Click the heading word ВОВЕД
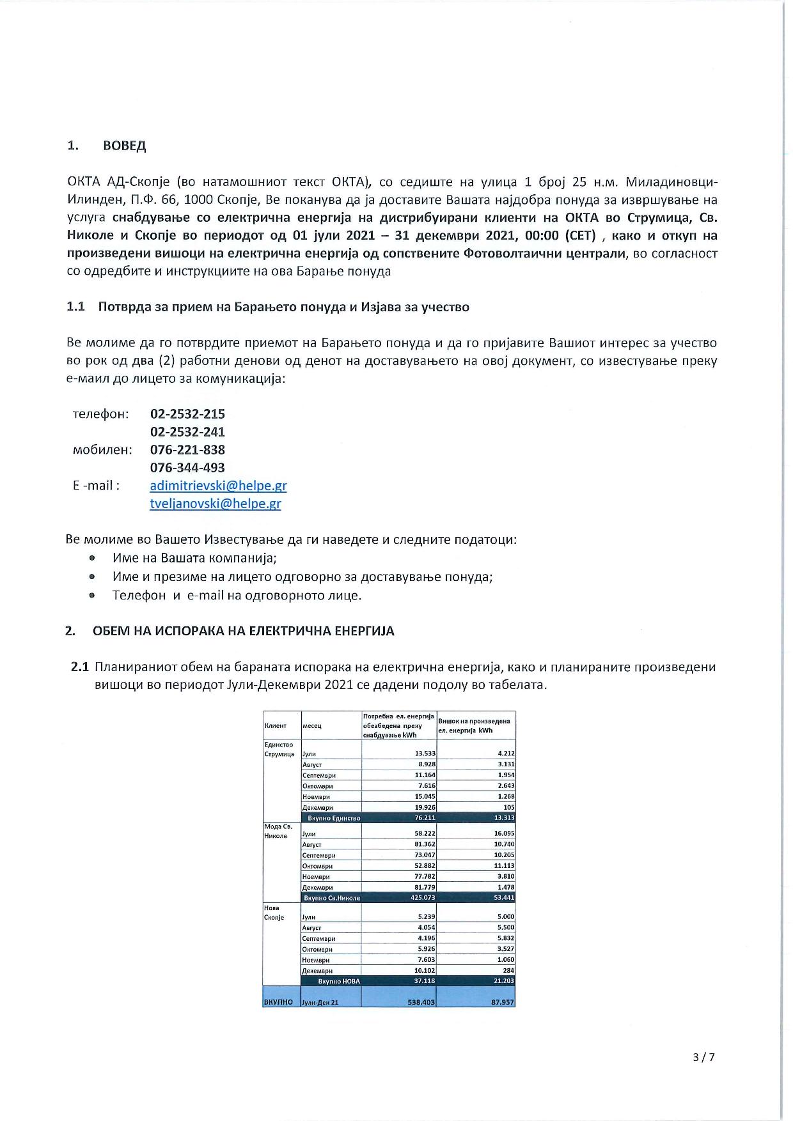124,146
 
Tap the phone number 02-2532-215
187,414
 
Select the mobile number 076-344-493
187,467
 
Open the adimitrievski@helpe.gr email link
218,485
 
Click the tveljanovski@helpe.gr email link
216,504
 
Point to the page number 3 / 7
703,1057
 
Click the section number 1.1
75,307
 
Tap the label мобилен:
102,449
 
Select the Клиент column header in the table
276,726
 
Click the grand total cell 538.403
421,1003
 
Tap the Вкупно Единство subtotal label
334,818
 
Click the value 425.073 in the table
423,898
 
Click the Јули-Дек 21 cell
320,1003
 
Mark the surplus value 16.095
504,833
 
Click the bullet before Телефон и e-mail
92,595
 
